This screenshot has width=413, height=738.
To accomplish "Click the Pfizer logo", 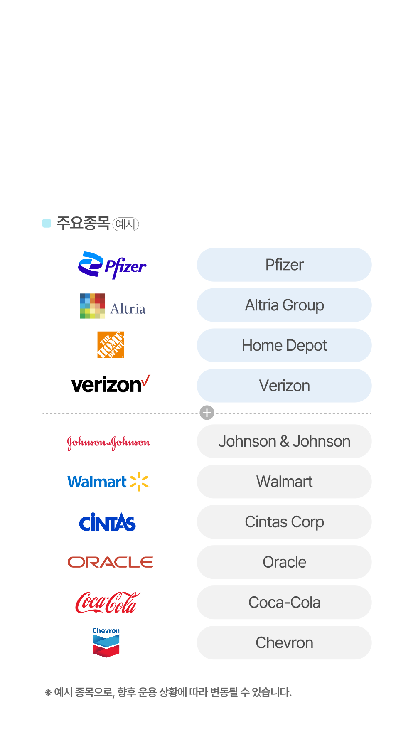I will click(112, 265).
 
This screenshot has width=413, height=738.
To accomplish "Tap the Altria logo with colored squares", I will click(113, 306).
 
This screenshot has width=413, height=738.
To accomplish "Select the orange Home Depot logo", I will click(111, 345).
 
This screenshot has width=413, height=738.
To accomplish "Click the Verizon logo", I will click(111, 384).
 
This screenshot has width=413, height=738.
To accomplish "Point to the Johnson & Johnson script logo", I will click(108, 443).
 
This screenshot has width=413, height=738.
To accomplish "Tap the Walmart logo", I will click(108, 482).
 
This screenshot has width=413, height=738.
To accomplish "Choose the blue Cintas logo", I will click(107, 522).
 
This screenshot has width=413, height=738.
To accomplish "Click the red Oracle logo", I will click(111, 562).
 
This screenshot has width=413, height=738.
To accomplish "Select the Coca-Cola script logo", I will click(107, 603).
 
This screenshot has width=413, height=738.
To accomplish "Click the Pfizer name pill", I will click(284, 265).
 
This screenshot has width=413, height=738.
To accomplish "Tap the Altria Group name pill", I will click(284, 305).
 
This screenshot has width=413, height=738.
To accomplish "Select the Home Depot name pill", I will click(284, 345).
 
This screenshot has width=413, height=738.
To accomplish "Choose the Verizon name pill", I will click(284, 386).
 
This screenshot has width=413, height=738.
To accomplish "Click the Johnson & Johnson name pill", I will click(284, 441).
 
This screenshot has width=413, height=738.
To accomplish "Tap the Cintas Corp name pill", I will click(284, 522).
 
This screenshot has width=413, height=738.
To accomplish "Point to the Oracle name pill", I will click(284, 562).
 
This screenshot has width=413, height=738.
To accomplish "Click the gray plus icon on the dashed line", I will click(207, 413).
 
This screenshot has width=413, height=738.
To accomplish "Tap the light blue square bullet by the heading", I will click(47, 223).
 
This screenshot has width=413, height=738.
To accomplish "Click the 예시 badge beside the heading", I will click(125, 224).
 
